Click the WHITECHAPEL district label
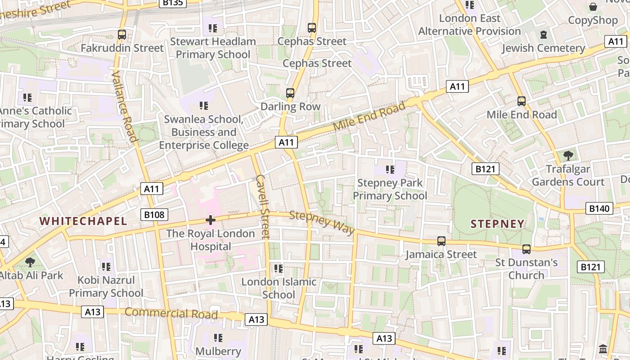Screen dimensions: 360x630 pyautogui.click(x=83, y=221)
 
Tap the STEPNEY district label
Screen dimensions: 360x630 pyautogui.click(x=498, y=224)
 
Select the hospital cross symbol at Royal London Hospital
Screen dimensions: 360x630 pyautogui.click(x=210, y=220)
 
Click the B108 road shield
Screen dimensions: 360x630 pyautogui.click(x=154, y=215)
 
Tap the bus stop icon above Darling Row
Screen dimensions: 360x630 pyautogui.click(x=290, y=93)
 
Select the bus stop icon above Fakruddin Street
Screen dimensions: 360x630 pyautogui.click(x=121, y=34)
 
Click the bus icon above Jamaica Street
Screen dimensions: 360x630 pyautogui.click(x=441, y=241)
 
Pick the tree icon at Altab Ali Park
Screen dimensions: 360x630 pyautogui.click(x=30, y=262)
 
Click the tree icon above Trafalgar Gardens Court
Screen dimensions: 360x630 pyautogui.click(x=568, y=156)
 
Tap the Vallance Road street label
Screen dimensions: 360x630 pyautogui.click(x=124, y=106)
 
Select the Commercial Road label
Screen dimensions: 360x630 pyautogui.click(x=171, y=313)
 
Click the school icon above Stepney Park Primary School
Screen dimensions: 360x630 pyautogui.click(x=390, y=170)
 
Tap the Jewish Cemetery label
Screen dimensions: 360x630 pyautogui.click(x=544, y=48)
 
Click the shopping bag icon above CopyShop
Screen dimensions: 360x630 pyautogui.click(x=593, y=7)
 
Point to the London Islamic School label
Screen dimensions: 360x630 pyautogui.click(x=279, y=288)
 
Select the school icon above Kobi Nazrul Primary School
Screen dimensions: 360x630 pyautogui.click(x=106, y=267)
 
